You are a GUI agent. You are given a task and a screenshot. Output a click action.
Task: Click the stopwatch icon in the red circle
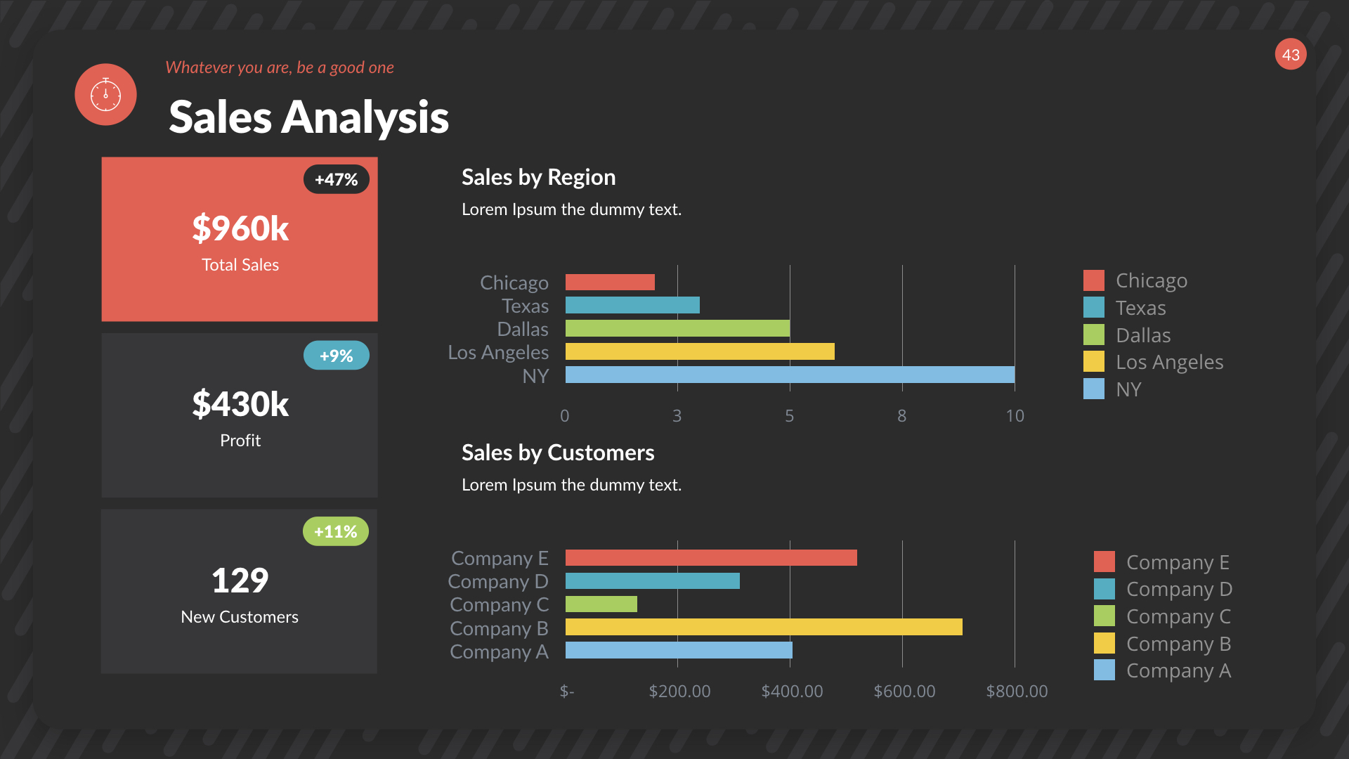coord(105,94)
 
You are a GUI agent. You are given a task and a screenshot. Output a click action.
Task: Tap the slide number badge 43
coord(1290,55)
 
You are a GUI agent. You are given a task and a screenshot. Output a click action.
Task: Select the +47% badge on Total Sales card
coord(336,179)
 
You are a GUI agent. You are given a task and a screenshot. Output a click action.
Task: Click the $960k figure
coord(240,228)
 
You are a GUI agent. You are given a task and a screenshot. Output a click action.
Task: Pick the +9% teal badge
coord(336,356)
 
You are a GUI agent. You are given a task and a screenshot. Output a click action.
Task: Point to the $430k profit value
coord(240,404)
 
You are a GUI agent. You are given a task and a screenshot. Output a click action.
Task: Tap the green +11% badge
coord(335,531)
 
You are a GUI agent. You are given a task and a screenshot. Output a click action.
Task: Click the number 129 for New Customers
coord(240,580)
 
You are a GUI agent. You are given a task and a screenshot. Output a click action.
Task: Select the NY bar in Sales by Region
coord(790,375)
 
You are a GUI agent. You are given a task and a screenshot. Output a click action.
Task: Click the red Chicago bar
coord(610,282)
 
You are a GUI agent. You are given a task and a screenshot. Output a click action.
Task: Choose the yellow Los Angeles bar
coord(700,351)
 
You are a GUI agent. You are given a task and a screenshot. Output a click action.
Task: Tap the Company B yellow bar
coord(764,627)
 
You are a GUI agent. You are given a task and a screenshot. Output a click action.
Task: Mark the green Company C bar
coord(601,604)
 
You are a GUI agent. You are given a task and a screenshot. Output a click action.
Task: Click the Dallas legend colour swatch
coord(1093,335)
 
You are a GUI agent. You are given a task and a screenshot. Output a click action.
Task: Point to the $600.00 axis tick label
coord(904,691)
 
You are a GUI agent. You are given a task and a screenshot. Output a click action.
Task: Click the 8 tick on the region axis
coord(901,416)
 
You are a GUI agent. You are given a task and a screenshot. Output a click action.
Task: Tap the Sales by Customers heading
coord(558,453)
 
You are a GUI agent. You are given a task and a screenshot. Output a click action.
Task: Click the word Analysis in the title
coord(365,117)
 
